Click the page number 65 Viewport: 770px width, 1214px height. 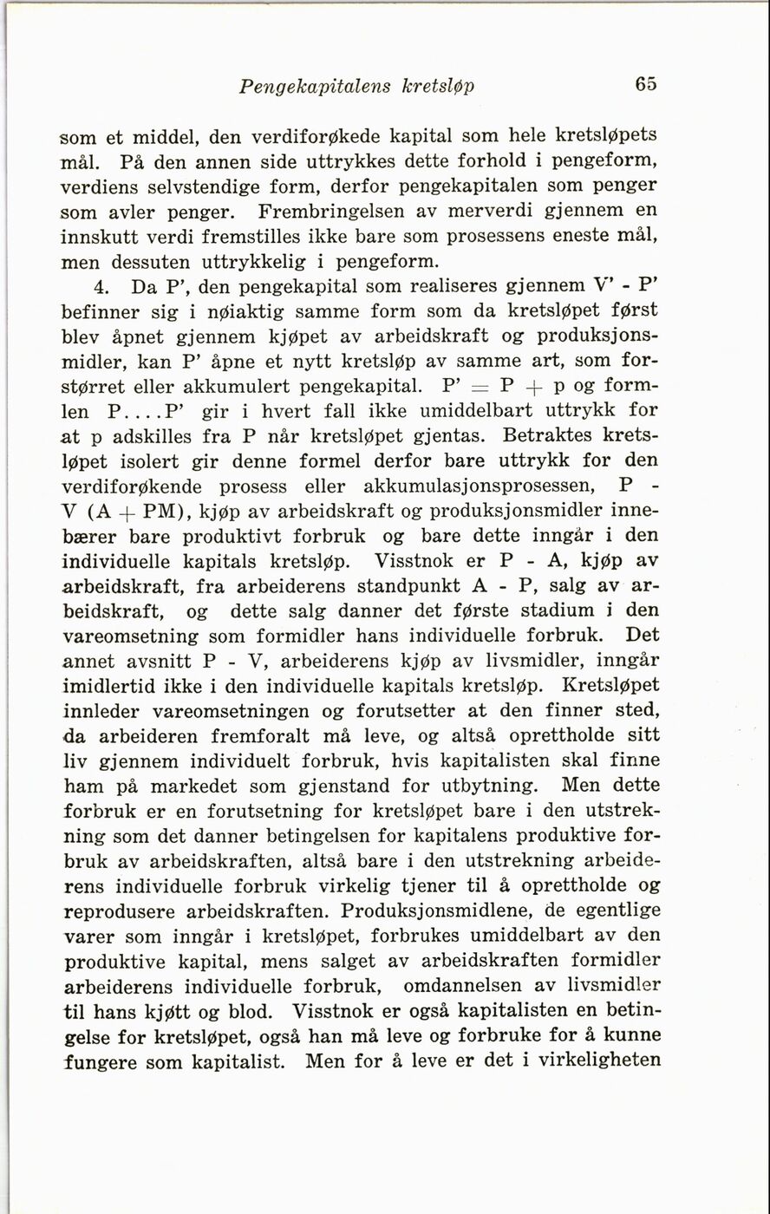click(x=645, y=85)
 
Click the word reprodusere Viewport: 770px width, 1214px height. click(x=121, y=911)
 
